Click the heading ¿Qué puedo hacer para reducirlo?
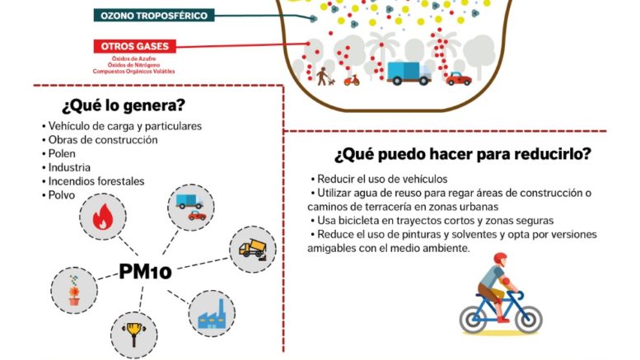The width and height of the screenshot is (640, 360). [462, 154]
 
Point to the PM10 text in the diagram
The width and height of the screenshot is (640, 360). [145, 271]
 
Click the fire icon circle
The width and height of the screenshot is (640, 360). [103, 217]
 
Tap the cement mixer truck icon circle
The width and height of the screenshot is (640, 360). [253, 248]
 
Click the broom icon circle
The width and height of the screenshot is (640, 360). [133, 334]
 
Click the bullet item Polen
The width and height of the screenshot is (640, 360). [62, 153]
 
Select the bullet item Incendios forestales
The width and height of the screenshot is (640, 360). [96, 181]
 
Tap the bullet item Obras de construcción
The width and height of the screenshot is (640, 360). [102, 139]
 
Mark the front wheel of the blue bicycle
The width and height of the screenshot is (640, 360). [526, 317]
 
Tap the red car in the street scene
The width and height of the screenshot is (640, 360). [458, 78]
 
